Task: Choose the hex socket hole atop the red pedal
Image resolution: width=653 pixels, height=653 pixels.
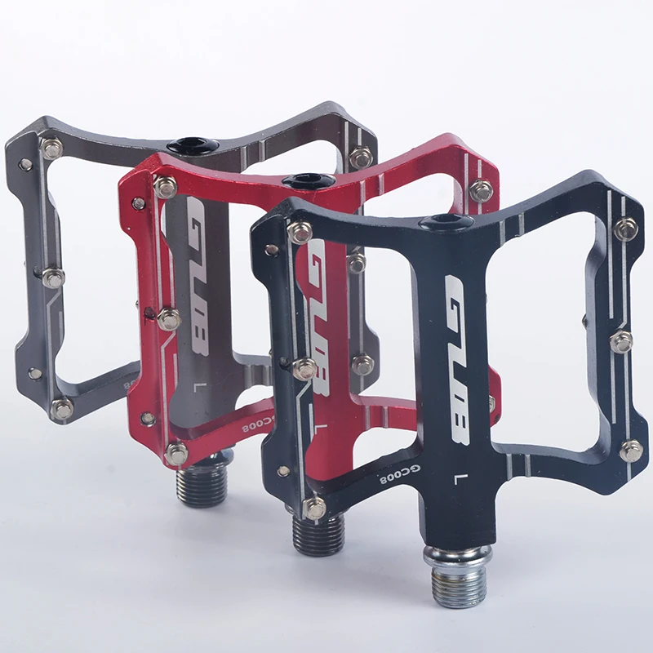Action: click(309, 180)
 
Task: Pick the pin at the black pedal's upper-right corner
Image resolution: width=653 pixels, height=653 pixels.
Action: click(626, 229)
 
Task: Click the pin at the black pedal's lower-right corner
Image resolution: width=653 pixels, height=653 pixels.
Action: click(630, 450)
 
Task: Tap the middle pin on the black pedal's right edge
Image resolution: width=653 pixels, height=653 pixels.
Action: click(621, 340)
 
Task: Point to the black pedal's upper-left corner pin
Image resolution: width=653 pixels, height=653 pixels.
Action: click(300, 232)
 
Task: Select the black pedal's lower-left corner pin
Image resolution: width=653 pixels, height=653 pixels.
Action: click(314, 508)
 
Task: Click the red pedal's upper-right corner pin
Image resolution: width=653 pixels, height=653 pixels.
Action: click(481, 191)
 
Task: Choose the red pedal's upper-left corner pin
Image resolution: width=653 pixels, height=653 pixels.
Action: click(165, 187)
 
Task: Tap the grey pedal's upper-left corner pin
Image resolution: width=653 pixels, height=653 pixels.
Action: click(52, 149)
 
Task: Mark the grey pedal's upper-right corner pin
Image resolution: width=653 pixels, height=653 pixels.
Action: click(360, 157)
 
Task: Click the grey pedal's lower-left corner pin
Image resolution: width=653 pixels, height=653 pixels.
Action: click(62, 408)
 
